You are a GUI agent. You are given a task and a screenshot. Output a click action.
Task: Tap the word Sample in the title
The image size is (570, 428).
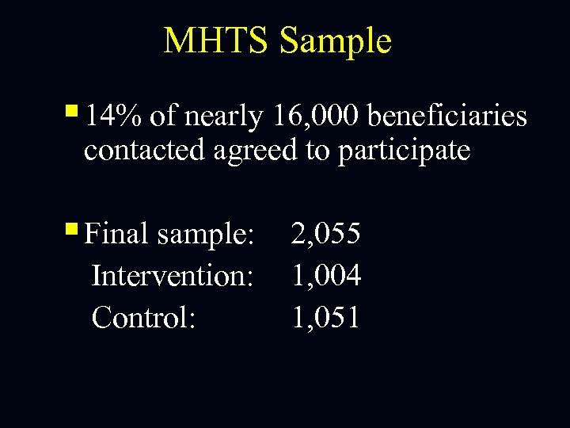[335, 41]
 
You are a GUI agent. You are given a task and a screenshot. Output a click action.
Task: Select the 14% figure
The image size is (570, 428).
[113, 117]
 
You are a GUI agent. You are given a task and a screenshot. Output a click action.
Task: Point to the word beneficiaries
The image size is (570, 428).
[447, 117]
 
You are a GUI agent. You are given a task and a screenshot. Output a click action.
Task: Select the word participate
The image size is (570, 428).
[405, 151]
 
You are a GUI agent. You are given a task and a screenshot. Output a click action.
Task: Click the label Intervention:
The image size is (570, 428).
[173, 276]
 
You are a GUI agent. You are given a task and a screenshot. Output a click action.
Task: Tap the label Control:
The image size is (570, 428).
[143, 317]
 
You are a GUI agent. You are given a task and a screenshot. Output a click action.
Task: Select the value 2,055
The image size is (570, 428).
[326, 234]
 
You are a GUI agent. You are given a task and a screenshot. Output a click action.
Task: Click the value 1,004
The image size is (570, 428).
[326, 276]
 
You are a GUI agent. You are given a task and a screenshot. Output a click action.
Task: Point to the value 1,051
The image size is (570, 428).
[326, 317]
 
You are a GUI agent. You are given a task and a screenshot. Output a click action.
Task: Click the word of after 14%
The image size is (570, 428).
[162, 117]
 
